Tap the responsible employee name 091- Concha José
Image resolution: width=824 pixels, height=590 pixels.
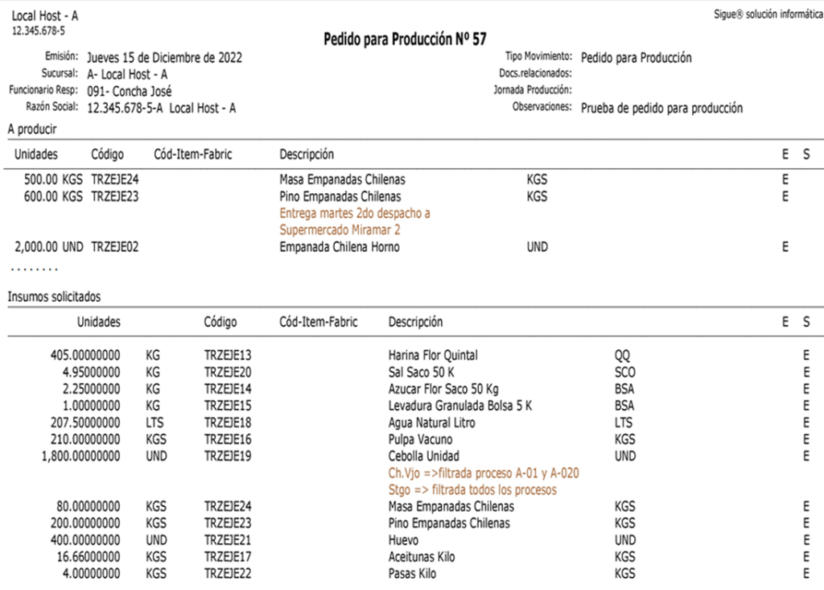pyautogui.click(x=129, y=91)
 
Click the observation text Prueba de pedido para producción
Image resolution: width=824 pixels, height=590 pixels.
pyautogui.click(x=661, y=108)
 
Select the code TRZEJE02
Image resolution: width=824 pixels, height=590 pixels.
pyautogui.click(x=115, y=247)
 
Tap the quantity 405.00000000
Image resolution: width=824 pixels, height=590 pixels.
pyautogui.click(x=85, y=355)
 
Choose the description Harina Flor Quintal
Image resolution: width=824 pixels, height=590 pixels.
pyautogui.click(x=433, y=355)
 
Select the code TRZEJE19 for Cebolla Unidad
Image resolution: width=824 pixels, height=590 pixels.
pyautogui.click(x=229, y=456)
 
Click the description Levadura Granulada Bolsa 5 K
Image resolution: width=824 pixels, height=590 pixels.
pyautogui.click(x=455, y=406)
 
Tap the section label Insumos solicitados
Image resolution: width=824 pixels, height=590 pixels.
pyautogui.click(x=55, y=297)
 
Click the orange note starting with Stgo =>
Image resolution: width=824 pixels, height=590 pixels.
pyautogui.click(x=472, y=490)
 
